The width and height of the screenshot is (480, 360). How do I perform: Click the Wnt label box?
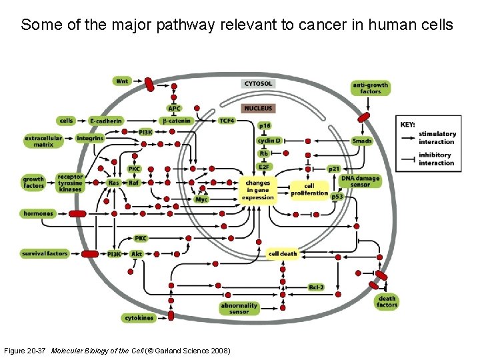(x=122, y=81)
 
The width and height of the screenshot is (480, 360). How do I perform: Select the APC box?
(x=174, y=109)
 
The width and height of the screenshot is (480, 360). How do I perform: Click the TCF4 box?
(x=227, y=121)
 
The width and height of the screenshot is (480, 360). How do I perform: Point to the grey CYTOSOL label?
(x=258, y=84)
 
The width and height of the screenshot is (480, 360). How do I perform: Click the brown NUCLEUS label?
(x=258, y=108)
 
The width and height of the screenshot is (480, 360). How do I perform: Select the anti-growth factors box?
(x=370, y=88)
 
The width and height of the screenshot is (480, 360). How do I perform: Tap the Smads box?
(x=362, y=141)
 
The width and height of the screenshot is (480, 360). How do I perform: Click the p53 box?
(x=337, y=197)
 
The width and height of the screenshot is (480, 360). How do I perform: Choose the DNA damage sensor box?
(x=360, y=181)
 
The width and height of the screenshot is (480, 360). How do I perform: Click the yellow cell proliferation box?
(x=309, y=189)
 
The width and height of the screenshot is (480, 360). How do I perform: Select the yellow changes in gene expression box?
(x=258, y=190)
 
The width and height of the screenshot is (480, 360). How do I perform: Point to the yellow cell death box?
(x=283, y=254)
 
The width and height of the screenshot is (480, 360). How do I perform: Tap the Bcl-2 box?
(x=316, y=287)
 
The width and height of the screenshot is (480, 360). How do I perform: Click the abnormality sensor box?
(x=239, y=308)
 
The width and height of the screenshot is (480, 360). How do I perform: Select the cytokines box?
(x=138, y=318)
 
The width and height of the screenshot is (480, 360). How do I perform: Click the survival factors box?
(x=45, y=253)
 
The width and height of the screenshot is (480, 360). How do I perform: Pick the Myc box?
(x=201, y=199)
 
